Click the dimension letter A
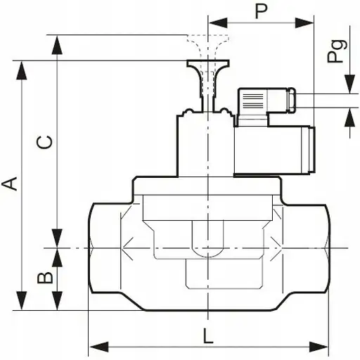click(10, 184)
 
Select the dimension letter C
click(44, 142)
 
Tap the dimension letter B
click(44, 278)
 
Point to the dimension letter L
click(208, 336)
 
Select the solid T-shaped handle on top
click(208, 70)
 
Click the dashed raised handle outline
click(208, 44)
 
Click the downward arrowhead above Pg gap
click(349, 84)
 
